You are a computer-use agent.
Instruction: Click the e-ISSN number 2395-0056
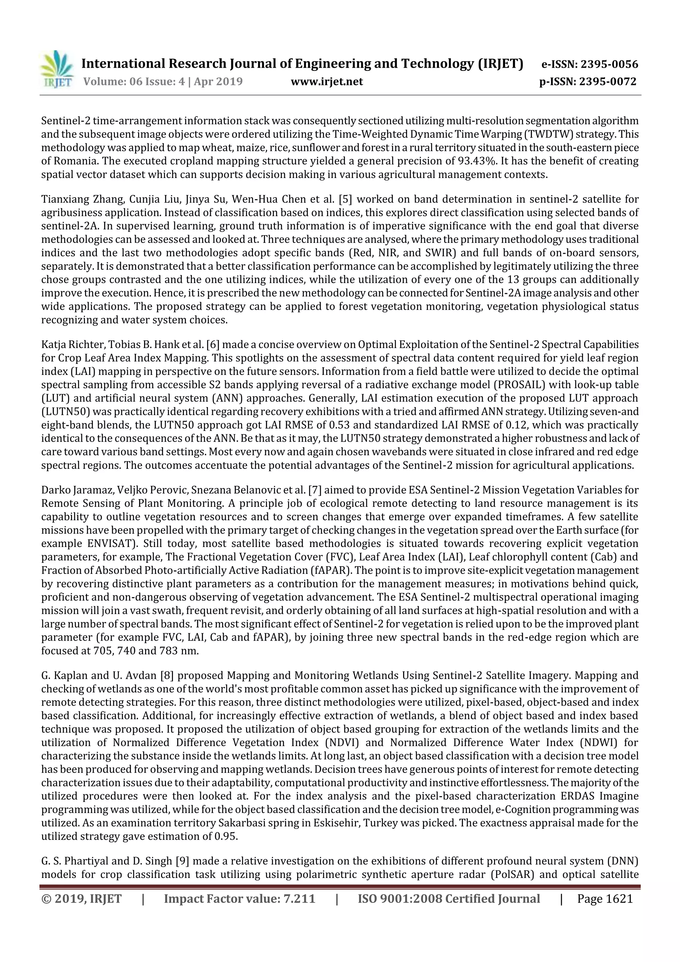tap(608, 64)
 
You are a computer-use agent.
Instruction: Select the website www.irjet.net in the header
tap(327, 82)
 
